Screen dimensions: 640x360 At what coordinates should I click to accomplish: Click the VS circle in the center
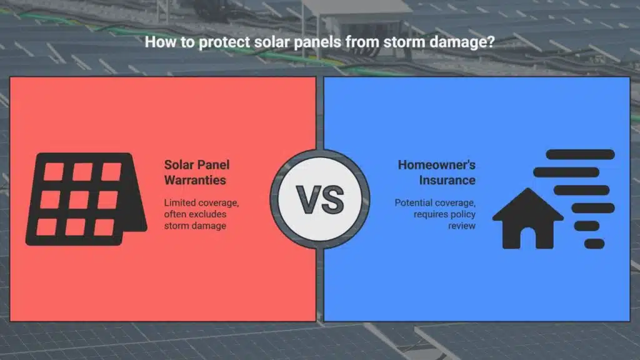click(320, 199)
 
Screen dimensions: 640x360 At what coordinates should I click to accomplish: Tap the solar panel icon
click(86, 199)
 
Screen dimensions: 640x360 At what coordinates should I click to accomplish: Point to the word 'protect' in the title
click(224, 42)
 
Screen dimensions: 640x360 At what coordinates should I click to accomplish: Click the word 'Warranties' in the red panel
click(195, 180)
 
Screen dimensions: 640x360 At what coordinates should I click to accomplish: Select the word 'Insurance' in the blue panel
click(447, 180)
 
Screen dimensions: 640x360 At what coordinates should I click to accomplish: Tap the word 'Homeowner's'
click(437, 165)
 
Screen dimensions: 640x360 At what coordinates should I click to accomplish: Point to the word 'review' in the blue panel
click(462, 226)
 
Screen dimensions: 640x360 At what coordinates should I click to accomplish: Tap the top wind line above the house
click(580, 154)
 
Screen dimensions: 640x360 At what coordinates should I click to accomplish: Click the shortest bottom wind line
click(594, 244)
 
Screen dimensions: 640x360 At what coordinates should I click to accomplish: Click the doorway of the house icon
click(528, 239)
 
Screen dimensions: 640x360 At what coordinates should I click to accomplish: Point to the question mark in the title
click(490, 42)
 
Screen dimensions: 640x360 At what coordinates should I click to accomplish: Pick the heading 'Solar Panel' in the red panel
click(197, 165)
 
